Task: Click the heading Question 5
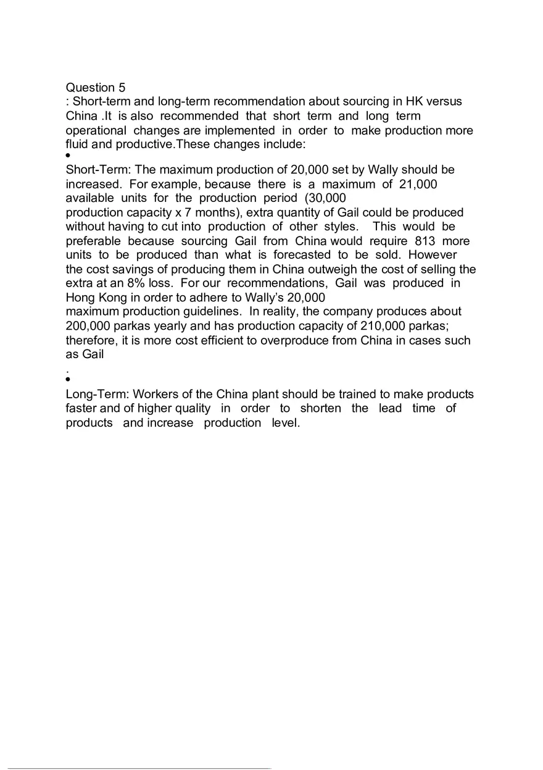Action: tap(95, 88)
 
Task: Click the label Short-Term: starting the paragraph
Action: tap(98, 170)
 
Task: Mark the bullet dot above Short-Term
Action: tap(68, 156)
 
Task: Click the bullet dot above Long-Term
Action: tap(68, 380)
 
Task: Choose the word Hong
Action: tap(80, 297)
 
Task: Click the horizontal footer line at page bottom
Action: tap(139, 768)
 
